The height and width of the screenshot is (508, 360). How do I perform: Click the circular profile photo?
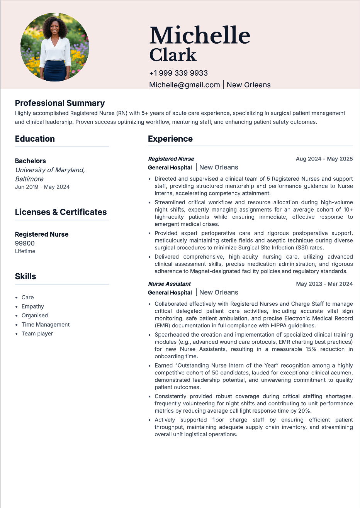click(x=55, y=47)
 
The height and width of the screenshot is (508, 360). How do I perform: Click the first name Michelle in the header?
click(x=200, y=36)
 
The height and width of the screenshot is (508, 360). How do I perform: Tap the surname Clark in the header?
click(x=173, y=55)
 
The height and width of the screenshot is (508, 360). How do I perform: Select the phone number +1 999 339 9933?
click(x=178, y=73)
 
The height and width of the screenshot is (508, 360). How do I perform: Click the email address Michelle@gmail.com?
click(x=184, y=85)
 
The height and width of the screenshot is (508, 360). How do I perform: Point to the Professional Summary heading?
click(x=60, y=103)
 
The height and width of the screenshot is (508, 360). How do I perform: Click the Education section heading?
click(x=35, y=139)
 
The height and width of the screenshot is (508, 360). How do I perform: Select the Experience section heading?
click(x=170, y=139)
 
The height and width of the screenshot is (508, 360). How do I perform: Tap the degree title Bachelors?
click(x=30, y=161)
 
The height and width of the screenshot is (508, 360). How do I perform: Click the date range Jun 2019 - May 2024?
click(x=42, y=187)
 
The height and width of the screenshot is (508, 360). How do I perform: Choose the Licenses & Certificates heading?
click(x=61, y=212)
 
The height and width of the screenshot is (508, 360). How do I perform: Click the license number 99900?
click(x=25, y=243)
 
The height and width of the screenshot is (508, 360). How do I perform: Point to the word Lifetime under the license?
click(x=25, y=251)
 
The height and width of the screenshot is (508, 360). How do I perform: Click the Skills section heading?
click(x=25, y=276)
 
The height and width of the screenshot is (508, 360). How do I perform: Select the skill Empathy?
click(x=33, y=306)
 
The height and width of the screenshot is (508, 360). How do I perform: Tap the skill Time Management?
click(x=46, y=325)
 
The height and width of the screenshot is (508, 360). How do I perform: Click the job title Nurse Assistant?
click(x=170, y=284)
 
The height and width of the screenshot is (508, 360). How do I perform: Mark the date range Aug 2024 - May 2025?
click(x=324, y=159)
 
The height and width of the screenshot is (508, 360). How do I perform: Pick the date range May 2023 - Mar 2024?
click(x=324, y=284)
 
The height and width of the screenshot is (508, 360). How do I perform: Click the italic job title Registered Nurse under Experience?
click(x=171, y=159)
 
